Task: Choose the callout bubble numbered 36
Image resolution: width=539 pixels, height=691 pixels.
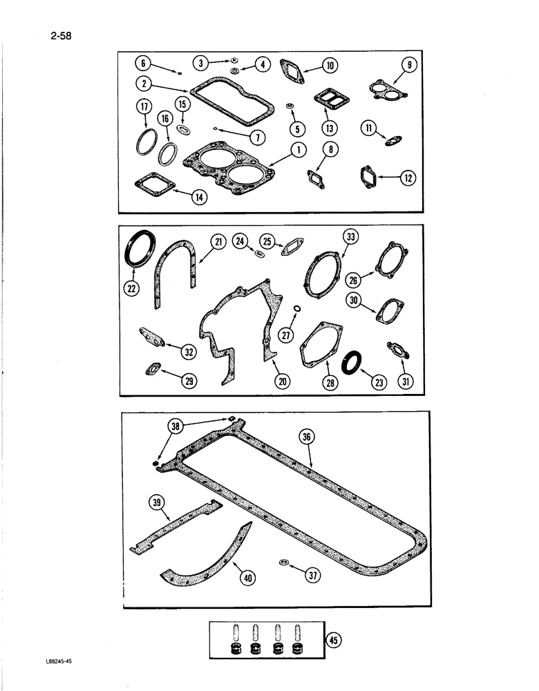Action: [x=307, y=436]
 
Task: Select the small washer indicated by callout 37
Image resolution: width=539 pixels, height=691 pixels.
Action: [x=284, y=563]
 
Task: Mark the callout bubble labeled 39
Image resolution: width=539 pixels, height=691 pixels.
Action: [x=157, y=502]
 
